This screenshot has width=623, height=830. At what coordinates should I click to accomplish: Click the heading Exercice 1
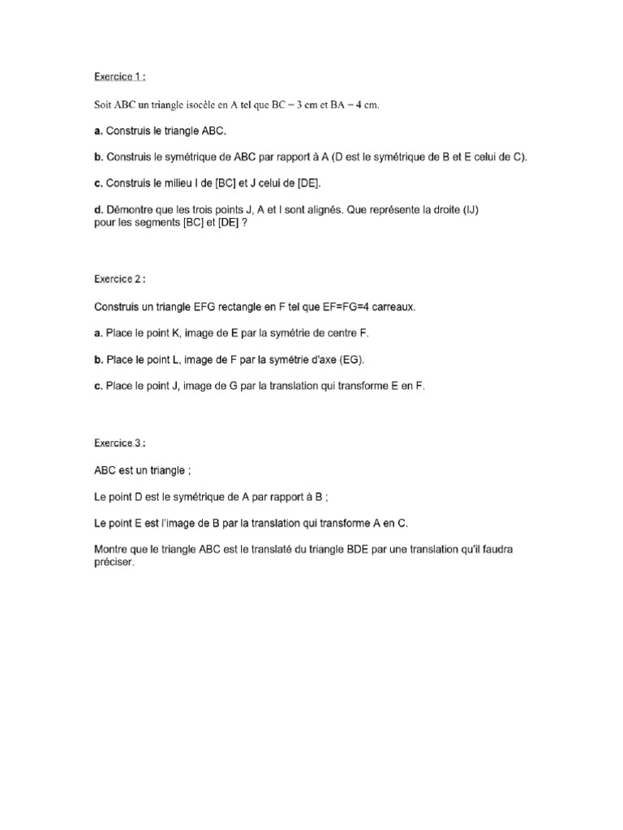click(119, 77)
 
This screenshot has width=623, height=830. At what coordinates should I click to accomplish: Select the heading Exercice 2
click(119, 279)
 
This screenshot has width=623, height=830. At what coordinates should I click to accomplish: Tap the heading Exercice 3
click(119, 443)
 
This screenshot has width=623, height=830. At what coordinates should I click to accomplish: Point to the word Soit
click(105, 105)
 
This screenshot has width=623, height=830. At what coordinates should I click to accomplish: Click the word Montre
click(111, 549)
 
